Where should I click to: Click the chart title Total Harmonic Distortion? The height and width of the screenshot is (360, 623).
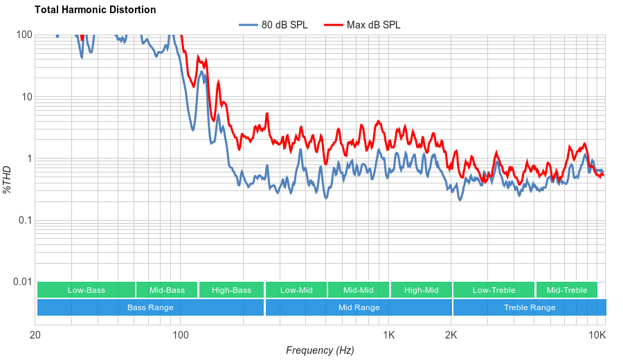tap(95, 10)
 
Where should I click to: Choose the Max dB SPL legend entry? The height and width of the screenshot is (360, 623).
tap(373, 25)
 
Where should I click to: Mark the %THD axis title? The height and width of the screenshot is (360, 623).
tap(8, 179)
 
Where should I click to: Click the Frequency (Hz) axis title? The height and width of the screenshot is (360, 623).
tap(320, 350)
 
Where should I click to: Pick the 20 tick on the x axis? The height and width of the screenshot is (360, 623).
tap(35, 336)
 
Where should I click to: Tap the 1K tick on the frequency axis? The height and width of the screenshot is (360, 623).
tap(389, 336)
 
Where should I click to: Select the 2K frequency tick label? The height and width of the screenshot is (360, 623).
tap(451, 336)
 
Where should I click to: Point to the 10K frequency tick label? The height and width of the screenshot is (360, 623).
tap(597, 336)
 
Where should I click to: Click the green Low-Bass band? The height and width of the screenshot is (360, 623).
tap(87, 290)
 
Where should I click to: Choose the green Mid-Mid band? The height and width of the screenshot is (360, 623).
tap(359, 290)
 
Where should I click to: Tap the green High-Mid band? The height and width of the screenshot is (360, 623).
tap(421, 290)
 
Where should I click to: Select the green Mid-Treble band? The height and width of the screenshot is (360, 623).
tap(566, 290)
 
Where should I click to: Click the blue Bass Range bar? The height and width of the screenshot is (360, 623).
tap(150, 307)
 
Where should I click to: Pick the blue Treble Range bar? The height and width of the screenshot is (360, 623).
tap(530, 307)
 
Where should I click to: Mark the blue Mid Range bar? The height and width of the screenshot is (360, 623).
tap(359, 307)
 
